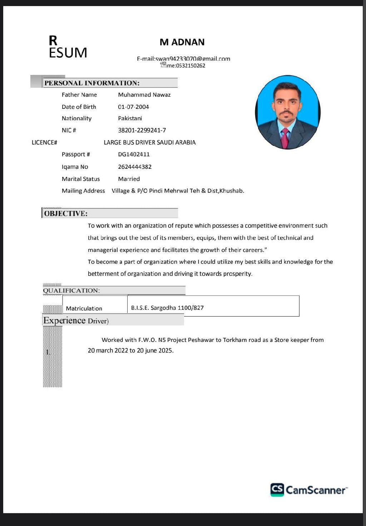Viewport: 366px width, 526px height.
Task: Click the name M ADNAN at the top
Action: tap(182, 42)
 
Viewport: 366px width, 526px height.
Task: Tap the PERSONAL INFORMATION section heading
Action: tap(91, 83)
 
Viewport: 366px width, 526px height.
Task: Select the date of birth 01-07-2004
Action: tap(133, 107)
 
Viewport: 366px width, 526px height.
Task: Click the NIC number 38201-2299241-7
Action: tap(142, 130)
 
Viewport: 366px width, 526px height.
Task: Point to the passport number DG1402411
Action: tap(134, 154)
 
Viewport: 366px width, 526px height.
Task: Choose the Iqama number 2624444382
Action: tap(135, 167)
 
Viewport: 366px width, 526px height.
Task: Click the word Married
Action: tap(129, 179)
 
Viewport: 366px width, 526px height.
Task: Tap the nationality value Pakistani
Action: tap(130, 118)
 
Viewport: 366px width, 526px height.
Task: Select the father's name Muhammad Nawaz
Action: tap(144, 95)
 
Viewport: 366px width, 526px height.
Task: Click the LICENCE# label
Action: tap(44, 142)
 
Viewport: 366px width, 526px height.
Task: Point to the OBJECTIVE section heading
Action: tap(66, 213)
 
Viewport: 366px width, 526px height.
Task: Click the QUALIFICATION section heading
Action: tap(71, 290)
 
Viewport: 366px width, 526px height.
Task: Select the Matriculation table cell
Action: tap(84, 308)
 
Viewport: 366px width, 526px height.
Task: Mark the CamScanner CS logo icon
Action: tap(277, 490)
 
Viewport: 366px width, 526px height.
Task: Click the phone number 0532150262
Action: tap(191, 66)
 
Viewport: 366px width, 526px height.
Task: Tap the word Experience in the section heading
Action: tap(64, 320)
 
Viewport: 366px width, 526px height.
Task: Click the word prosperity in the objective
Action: tap(237, 274)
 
